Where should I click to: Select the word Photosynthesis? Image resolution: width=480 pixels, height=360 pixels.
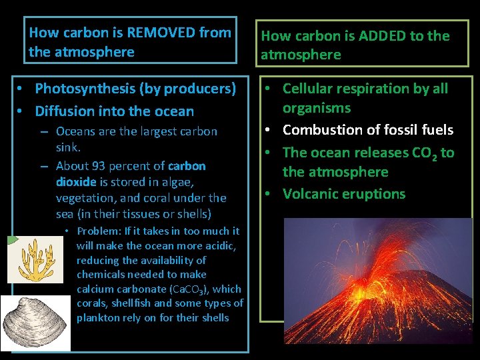click(81, 89)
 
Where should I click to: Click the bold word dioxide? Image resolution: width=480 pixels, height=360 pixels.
click(77, 181)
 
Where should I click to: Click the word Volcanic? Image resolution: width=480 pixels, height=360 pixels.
click(311, 194)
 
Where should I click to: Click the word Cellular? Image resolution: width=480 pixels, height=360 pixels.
click(309, 89)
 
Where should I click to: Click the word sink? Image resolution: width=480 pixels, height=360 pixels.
click(68, 147)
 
